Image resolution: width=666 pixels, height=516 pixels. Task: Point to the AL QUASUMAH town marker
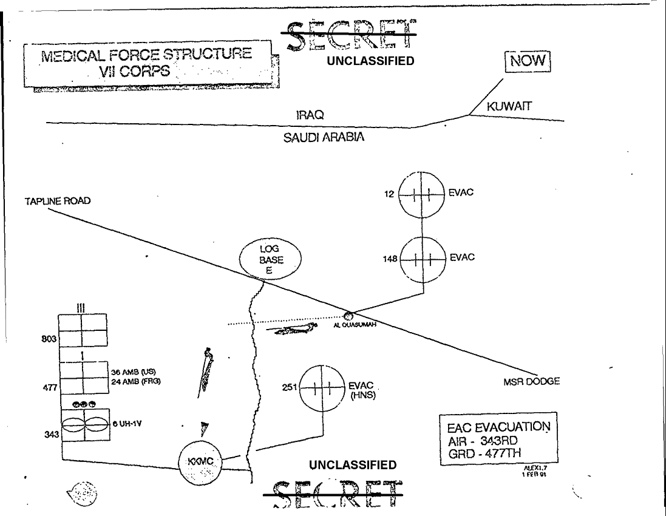(348, 315)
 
